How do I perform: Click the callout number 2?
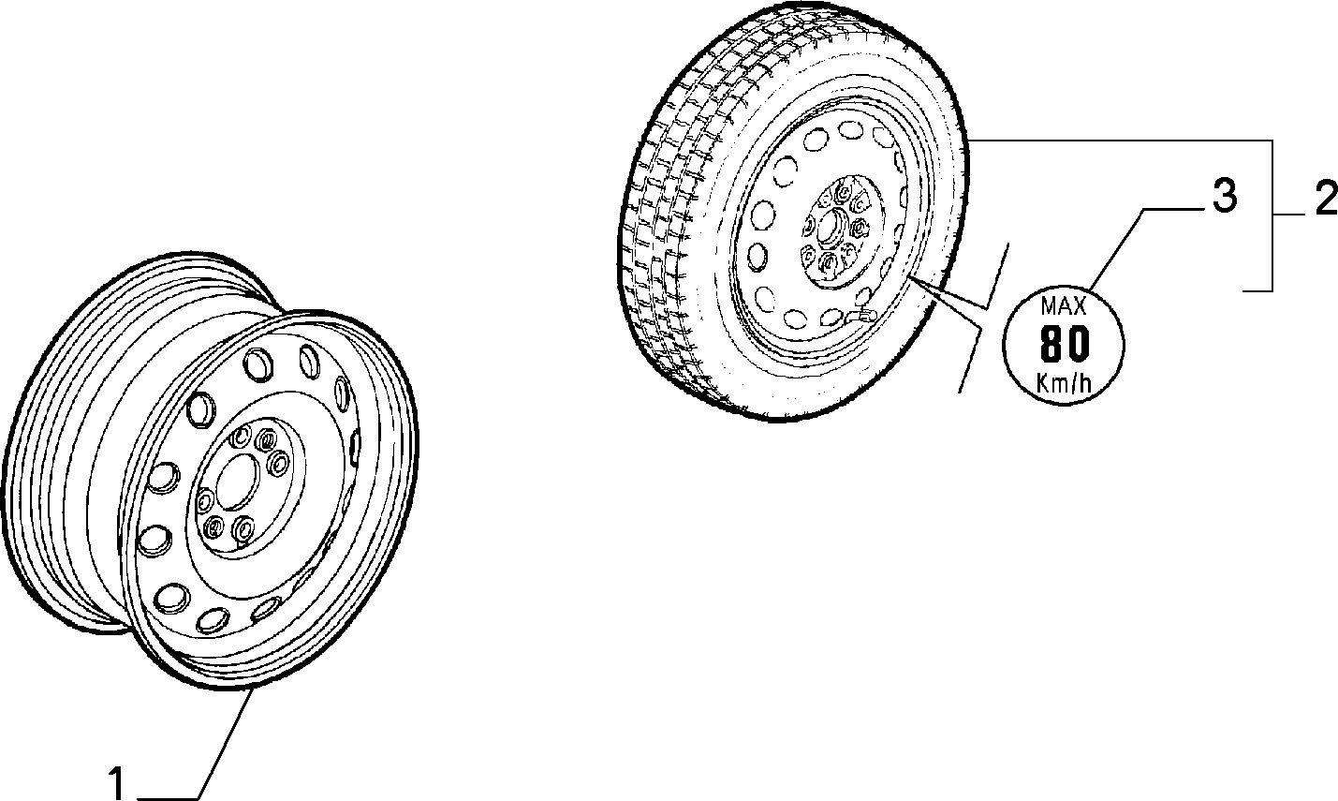click(1326, 199)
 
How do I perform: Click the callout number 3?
click(1225, 196)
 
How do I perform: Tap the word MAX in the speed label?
click(1064, 306)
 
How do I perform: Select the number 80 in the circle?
click(1065, 345)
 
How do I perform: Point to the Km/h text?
click(1064, 382)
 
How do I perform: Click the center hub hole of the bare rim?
click(237, 486)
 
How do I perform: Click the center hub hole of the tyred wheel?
click(828, 227)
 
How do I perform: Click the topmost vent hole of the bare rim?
click(258, 364)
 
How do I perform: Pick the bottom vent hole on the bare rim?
click(213, 620)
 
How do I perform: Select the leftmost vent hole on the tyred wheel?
click(758, 256)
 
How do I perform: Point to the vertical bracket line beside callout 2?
click(1272, 215)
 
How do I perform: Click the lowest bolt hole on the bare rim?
click(243, 528)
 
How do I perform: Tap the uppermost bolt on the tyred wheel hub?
click(844, 192)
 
